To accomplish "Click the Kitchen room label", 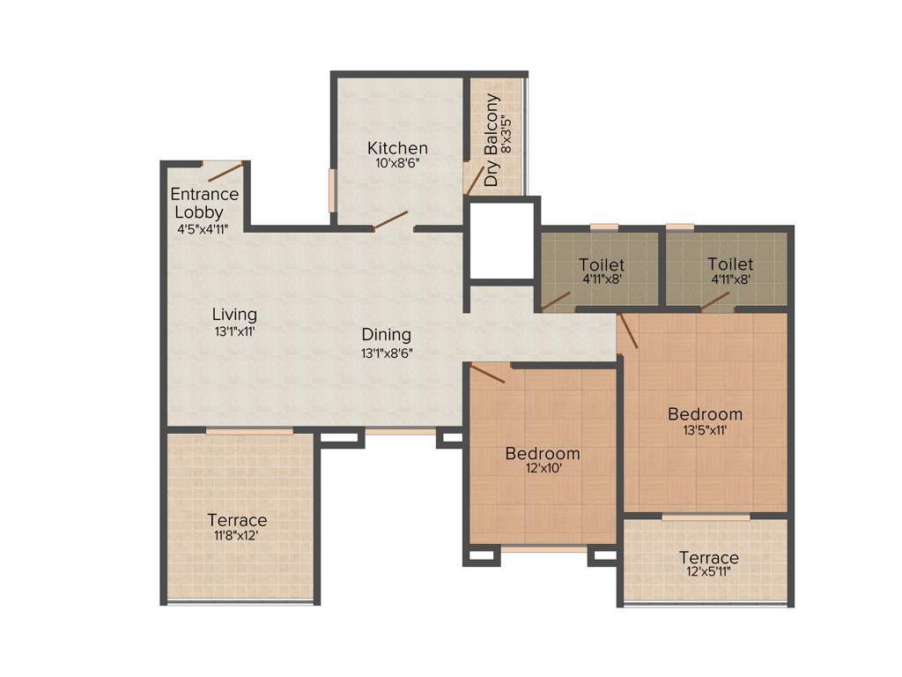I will click(x=397, y=148).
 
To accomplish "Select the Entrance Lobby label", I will click(x=203, y=203).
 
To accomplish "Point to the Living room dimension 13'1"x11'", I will click(x=234, y=332).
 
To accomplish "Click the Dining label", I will click(x=387, y=335).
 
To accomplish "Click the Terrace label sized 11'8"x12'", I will click(x=237, y=520).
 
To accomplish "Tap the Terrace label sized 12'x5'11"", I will click(x=709, y=558).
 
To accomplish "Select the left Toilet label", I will click(x=602, y=264).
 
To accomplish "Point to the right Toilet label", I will click(x=730, y=264).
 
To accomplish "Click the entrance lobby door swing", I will click(x=225, y=172).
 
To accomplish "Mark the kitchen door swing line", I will click(x=389, y=220).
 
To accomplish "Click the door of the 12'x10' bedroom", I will click(x=488, y=374).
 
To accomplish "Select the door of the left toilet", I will click(x=555, y=301).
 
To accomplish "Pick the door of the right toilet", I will click(x=715, y=301).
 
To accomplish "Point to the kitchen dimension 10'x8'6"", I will click(x=397, y=163).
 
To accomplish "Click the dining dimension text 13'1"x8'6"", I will click(x=387, y=353).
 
